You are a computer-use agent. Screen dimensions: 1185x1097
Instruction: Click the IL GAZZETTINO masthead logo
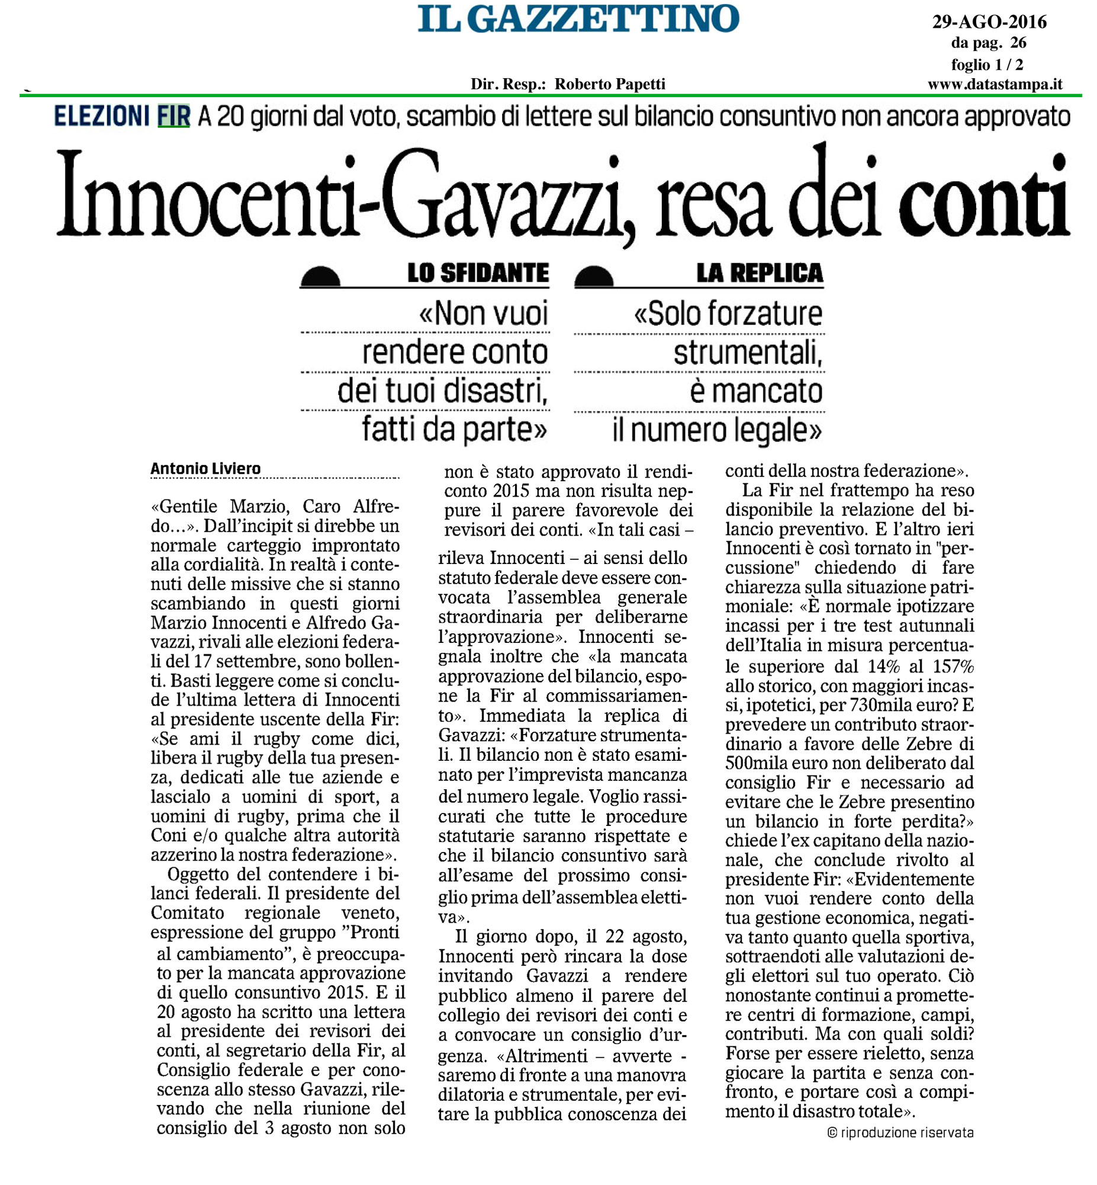578,19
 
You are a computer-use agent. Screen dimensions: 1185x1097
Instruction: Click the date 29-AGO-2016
989,22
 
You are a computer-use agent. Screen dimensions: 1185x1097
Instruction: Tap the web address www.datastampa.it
995,84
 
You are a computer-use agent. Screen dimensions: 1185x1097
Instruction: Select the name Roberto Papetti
610,84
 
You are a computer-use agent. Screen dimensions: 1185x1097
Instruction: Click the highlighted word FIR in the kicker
173,116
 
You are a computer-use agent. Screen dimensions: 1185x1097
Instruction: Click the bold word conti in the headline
983,196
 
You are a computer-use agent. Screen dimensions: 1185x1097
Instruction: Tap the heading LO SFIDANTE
478,273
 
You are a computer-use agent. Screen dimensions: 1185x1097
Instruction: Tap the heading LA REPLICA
760,273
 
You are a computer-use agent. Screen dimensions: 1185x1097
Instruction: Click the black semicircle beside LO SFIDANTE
320,277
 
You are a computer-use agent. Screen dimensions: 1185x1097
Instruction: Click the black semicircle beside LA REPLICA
594,277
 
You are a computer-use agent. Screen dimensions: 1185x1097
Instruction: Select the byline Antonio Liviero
205,469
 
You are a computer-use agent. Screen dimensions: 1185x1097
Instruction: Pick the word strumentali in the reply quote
748,353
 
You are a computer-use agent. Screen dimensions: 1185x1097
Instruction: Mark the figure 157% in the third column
953,667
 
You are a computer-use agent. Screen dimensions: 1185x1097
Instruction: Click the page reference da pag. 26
989,43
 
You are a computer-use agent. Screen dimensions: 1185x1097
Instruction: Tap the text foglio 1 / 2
987,64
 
